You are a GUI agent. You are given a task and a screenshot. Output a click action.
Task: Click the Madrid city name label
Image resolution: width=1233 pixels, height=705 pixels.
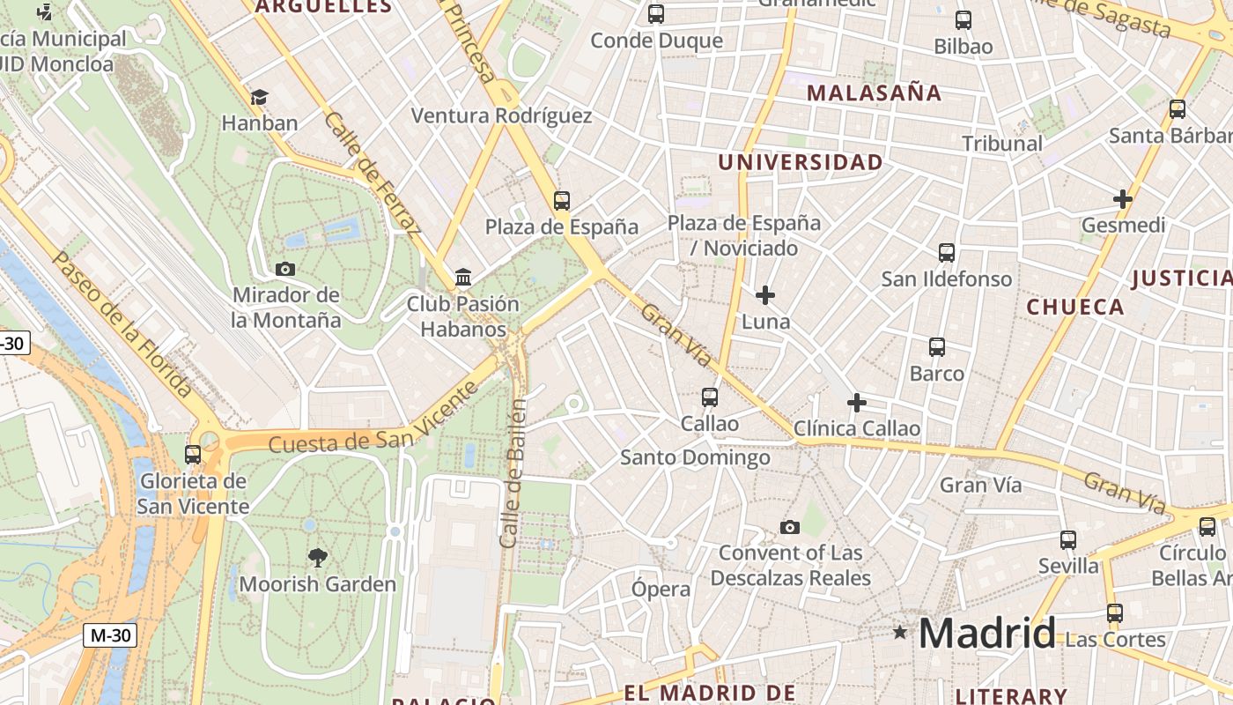click(x=987, y=633)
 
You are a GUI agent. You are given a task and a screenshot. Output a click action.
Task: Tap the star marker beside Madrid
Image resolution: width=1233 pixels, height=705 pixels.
click(x=900, y=632)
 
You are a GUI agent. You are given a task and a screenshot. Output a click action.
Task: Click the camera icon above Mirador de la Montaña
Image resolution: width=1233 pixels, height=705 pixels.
click(x=285, y=269)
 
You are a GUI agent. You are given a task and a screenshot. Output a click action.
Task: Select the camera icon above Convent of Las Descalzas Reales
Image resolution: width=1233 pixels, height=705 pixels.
click(x=790, y=527)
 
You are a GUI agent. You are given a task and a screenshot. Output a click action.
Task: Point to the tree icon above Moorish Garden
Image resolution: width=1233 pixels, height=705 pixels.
click(x=318, y=557)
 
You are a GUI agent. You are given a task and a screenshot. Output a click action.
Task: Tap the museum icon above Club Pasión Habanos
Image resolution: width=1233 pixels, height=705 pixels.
click(x=463, y=278)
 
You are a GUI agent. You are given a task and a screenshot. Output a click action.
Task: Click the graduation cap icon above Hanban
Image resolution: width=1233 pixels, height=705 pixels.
click(x=259, y=97)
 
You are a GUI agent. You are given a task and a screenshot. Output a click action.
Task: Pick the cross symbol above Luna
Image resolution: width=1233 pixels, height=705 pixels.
click(x=765, y=295)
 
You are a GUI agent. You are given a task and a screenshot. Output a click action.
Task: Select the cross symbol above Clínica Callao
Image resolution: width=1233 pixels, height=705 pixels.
click(x=857, y=403)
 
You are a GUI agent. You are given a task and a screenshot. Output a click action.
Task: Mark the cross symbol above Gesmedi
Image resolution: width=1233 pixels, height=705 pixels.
click(x=1123, y=199)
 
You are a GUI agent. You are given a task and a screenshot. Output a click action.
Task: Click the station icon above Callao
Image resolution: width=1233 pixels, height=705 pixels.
click(x=710, y=397)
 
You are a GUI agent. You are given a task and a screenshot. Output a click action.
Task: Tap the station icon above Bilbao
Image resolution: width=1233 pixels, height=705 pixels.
click(x=964, y=20)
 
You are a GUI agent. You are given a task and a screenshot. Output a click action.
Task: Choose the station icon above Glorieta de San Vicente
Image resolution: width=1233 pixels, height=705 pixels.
click(x=193, y=455)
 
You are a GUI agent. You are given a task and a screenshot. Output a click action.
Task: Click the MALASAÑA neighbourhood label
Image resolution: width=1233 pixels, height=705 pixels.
click(x=874, y=93)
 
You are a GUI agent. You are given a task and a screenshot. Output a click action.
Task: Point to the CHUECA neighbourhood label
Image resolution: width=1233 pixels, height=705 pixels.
click(x=1075, y=307)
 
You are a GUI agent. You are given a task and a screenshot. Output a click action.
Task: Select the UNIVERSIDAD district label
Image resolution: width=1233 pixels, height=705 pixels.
click(x=800, y=162)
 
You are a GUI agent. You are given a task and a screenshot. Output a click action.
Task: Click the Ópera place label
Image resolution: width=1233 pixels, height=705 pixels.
click(x=661, y=590)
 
